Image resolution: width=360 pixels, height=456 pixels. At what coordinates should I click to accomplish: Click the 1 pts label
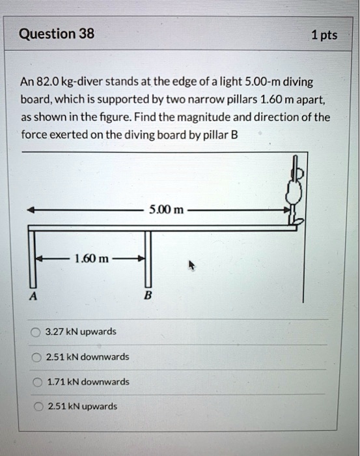(324, 35)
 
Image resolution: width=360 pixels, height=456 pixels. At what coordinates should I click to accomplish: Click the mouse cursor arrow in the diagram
(192, 265)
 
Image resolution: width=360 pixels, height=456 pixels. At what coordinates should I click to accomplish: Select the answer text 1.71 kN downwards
(87, 382)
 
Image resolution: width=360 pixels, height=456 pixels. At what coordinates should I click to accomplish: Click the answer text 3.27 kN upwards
(81, 332)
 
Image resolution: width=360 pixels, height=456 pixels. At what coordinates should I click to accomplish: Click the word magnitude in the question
(224, 117)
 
